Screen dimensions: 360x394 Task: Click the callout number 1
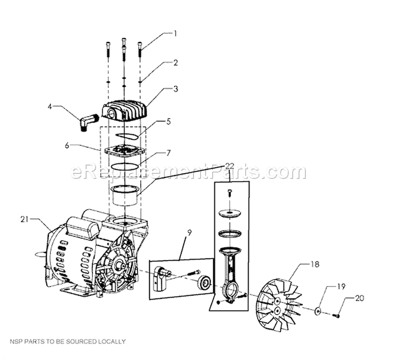pyautogui.click(x=176, y=33)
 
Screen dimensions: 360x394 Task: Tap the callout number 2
pyautogui.click(x=176, y=63)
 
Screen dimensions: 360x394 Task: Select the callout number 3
pyautogui.click(x=176, y=89)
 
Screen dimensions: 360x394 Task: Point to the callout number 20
pyautogui.click(x=359, y=298)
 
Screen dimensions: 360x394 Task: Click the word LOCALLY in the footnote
pyautogui.click(x=110, y=342)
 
